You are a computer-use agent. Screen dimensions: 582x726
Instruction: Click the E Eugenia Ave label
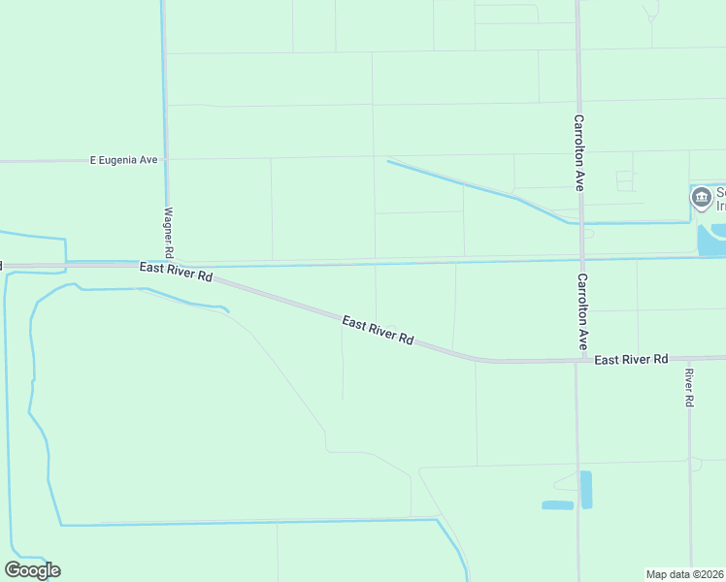tap(123, 159)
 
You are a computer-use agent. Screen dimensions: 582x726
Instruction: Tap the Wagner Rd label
tap(169, 229)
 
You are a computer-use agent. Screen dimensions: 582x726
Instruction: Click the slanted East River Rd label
tap(379, 330)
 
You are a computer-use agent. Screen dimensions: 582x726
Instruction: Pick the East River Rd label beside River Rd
tap(631, 359)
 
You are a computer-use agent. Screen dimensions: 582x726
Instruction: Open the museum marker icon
tap(701, 198)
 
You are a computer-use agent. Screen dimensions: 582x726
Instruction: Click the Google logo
tap(32, 570)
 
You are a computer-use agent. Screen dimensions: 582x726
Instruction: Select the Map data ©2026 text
tap(685, 574)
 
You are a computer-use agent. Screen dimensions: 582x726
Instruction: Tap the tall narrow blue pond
tap(585, 490)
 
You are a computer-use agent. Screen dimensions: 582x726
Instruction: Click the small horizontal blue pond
tap(557, 505)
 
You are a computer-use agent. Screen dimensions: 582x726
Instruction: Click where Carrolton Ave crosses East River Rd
tap(581, 360)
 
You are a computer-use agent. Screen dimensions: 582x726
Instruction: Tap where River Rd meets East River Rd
tap(688, 358)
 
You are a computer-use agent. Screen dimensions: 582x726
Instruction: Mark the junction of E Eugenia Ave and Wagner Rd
tap(166, 159)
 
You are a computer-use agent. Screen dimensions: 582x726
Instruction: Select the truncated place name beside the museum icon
tap(720, 198)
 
